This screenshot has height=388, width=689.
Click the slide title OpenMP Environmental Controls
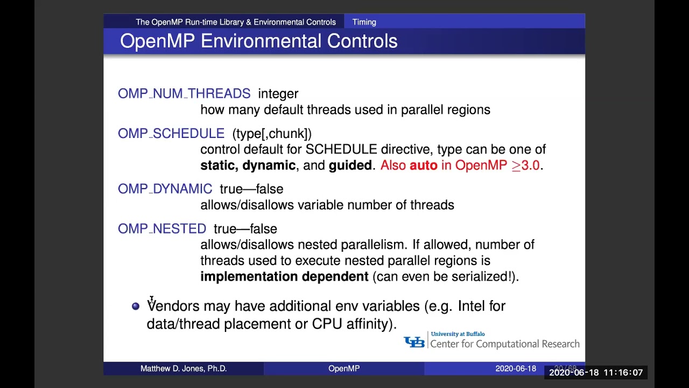258,41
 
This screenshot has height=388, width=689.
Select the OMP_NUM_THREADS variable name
184,94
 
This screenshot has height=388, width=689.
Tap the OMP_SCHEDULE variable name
171,134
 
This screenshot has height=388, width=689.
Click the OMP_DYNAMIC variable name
165,189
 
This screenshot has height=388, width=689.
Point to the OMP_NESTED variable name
162,229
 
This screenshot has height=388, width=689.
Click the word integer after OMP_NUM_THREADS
278,94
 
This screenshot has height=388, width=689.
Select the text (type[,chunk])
272,134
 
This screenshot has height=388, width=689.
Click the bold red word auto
423,165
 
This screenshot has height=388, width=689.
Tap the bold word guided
350,165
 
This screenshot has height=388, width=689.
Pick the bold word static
218,165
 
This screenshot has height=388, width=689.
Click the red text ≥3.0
525,165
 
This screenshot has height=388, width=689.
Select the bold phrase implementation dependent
284,277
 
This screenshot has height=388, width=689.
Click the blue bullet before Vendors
136,306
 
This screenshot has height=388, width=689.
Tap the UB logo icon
414,342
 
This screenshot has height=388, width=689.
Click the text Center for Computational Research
505,344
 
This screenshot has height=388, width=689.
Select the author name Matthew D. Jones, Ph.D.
184,369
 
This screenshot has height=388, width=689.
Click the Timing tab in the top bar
364,22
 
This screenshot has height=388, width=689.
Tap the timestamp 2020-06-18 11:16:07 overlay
596,373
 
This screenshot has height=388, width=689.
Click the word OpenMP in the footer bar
344,369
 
